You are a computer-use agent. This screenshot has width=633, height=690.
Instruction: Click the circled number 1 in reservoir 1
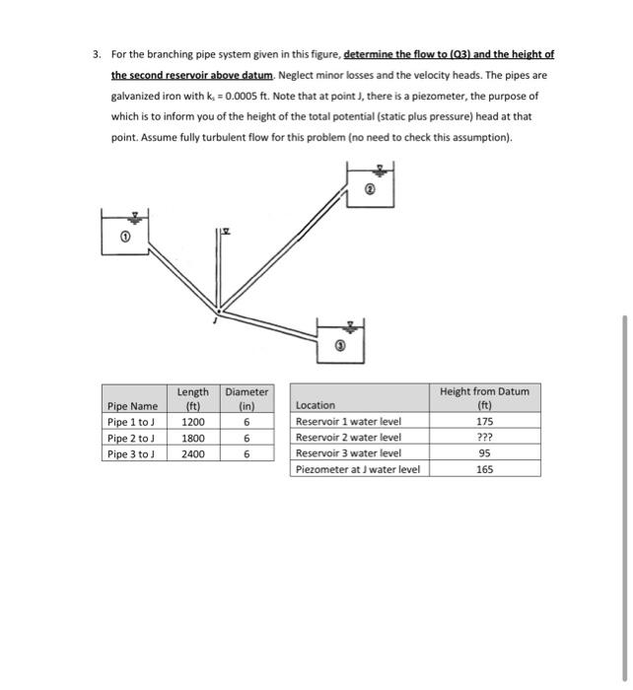coord(125,237)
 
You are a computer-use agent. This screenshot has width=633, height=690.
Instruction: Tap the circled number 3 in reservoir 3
coord(341,347)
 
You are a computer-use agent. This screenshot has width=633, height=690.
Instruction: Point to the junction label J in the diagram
coord(214,318)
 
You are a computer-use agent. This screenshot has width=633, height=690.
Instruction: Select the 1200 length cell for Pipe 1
coord(192,421)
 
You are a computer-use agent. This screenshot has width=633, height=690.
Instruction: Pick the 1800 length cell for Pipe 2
coord(192,438)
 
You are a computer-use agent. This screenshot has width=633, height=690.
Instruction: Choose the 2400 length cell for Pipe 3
coord(192,453)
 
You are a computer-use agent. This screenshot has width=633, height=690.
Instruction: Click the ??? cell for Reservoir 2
coord(484,438)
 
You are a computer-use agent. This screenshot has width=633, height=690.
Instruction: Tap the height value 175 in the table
coord(484,421)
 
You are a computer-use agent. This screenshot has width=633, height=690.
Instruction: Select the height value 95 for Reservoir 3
coord(484,453)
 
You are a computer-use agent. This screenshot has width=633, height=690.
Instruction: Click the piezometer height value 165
coord(484,469)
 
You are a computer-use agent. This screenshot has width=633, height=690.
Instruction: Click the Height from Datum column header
coord(484,398)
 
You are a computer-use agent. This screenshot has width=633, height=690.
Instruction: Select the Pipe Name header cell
coord(131,405)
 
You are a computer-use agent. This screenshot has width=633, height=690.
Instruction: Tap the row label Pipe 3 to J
coord(131,453)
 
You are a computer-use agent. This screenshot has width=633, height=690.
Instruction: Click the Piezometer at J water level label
coord(358,469)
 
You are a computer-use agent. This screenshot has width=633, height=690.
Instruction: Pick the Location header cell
coord(316,405)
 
